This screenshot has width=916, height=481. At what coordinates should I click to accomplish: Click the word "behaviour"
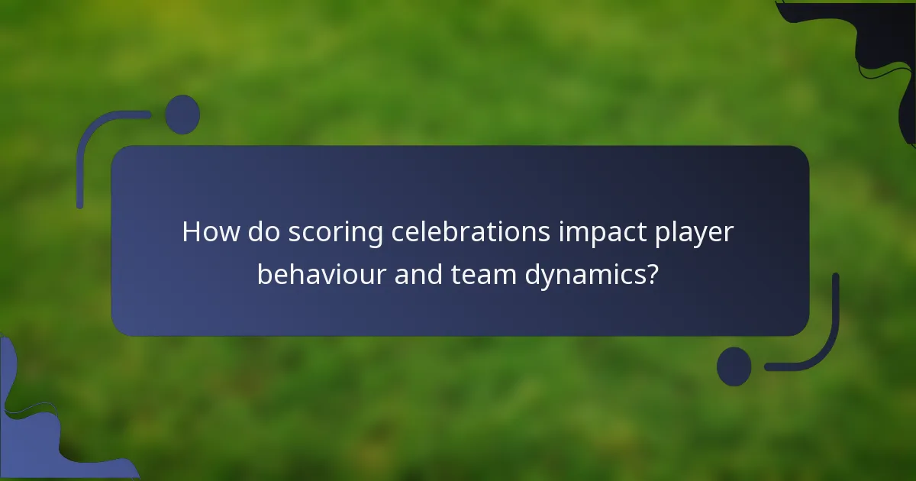click(x=321, y=273)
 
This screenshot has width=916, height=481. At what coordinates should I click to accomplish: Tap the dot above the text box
click(x=182, y=115)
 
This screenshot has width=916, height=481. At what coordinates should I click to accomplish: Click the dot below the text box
click(x=734, y=366)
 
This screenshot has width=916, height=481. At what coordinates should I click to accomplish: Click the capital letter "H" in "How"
click(x=191, y=232)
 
